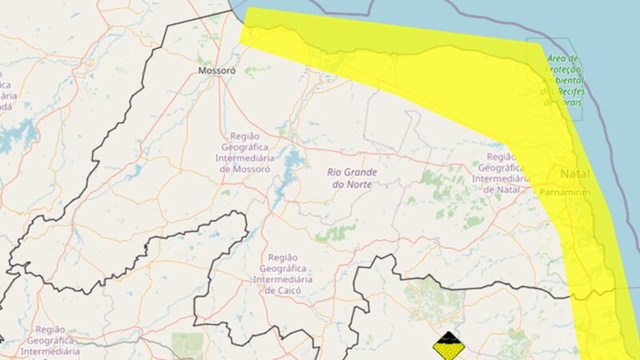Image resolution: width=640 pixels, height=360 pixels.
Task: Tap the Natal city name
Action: pos(575,174)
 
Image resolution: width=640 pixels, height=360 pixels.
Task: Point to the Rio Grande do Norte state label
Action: pos(353,178)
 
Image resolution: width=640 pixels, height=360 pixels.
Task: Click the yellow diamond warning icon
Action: pos(449,346)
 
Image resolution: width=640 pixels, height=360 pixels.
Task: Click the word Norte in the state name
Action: pos(366,184)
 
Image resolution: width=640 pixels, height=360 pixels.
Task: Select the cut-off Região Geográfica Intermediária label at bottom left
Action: pos(49,341)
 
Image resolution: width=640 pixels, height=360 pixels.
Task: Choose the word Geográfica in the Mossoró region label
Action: pos(253,147)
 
